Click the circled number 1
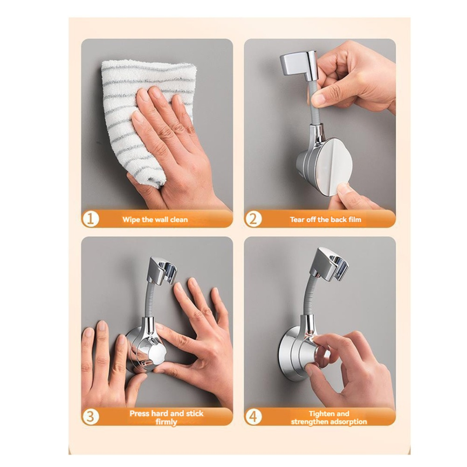click(90, 219)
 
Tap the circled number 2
click(253, 219)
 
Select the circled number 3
click(90, 416)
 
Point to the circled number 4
click(253, 416)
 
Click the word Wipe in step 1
click(131, 220)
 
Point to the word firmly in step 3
click(166, 422)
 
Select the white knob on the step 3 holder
click(156, 355)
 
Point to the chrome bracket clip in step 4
click(327, 264)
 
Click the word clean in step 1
click(179, 220)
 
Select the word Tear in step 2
click(297, 219)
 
